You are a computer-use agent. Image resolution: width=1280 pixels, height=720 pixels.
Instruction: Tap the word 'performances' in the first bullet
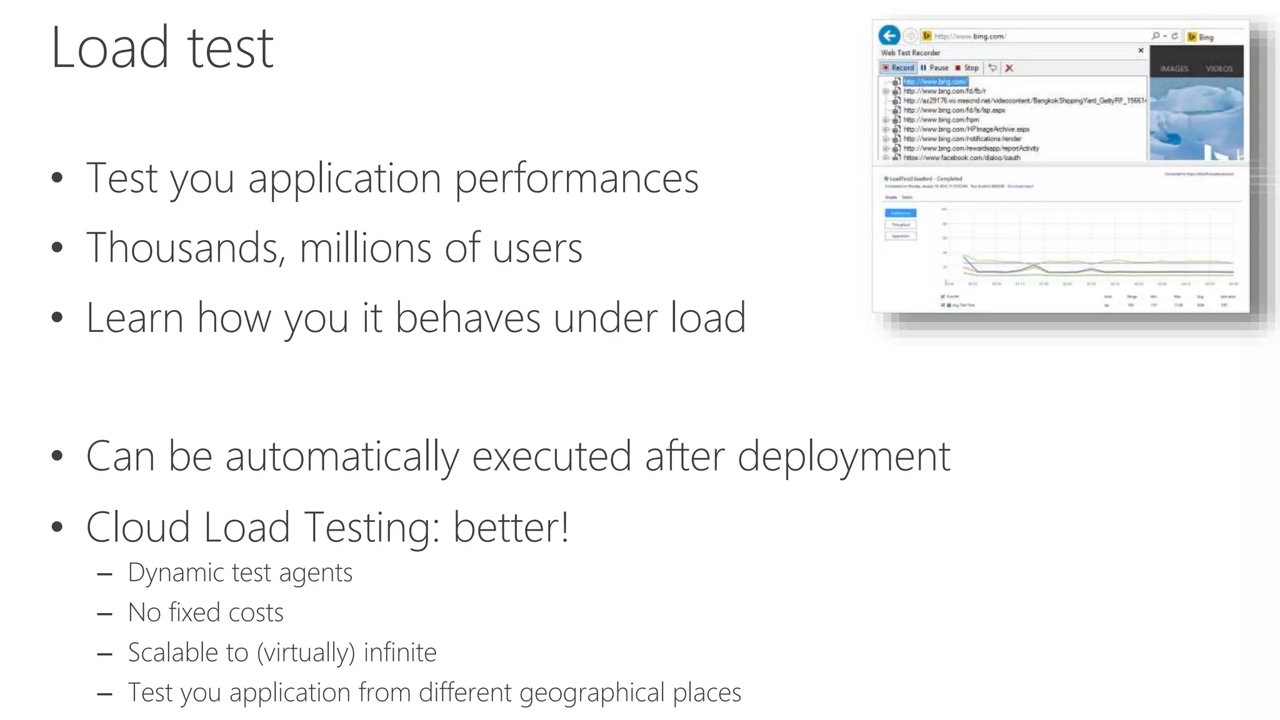point(576,179)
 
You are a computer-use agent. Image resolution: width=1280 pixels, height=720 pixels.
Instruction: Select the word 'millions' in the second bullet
point(365,248)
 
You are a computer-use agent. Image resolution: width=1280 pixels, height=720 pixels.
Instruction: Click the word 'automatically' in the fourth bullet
point(342,456)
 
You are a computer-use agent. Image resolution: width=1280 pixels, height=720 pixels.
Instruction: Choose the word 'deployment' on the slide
point(844,457)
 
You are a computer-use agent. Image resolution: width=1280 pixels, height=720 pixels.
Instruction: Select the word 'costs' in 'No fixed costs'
point(256,612)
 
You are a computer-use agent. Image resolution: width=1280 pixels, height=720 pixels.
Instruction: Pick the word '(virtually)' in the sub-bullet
point(306,653)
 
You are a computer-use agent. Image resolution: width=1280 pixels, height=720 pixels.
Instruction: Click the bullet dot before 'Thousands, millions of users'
point(57,248)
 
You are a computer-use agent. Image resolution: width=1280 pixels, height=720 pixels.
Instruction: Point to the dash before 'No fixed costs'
point(105,614)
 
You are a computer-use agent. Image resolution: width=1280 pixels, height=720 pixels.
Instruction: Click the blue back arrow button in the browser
point(889,36)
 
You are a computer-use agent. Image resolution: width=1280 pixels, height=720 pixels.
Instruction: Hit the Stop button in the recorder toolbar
point(967,67)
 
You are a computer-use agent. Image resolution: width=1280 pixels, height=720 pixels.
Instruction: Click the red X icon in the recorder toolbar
point(1009,68)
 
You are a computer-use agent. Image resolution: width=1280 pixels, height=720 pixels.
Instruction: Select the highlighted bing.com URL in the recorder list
point(935,81)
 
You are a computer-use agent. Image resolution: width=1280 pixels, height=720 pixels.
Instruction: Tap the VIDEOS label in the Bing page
point(1219,69)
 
